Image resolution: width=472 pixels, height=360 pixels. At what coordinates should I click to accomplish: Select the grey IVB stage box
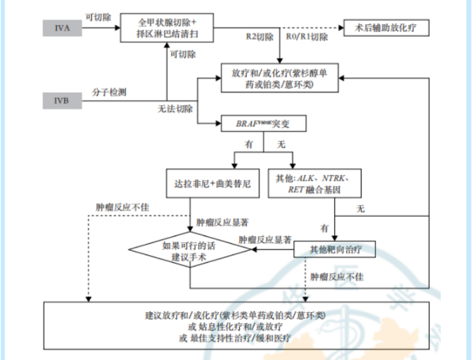[62, 103]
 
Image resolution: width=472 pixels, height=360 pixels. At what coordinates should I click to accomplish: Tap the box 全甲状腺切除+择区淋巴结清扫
[165, 27]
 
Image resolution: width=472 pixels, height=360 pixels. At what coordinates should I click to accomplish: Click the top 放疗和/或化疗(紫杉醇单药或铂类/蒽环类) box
[279, 76]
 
